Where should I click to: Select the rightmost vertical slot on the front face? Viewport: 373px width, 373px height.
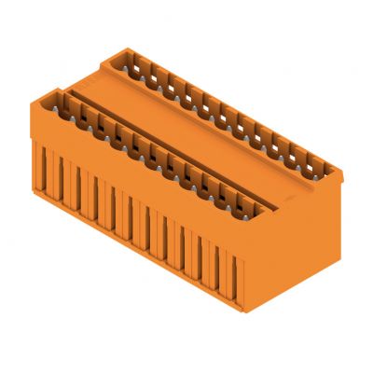(239, 271)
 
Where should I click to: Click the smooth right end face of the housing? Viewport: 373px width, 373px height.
(298, 233)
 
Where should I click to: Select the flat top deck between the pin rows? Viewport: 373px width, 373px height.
(200, 131)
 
